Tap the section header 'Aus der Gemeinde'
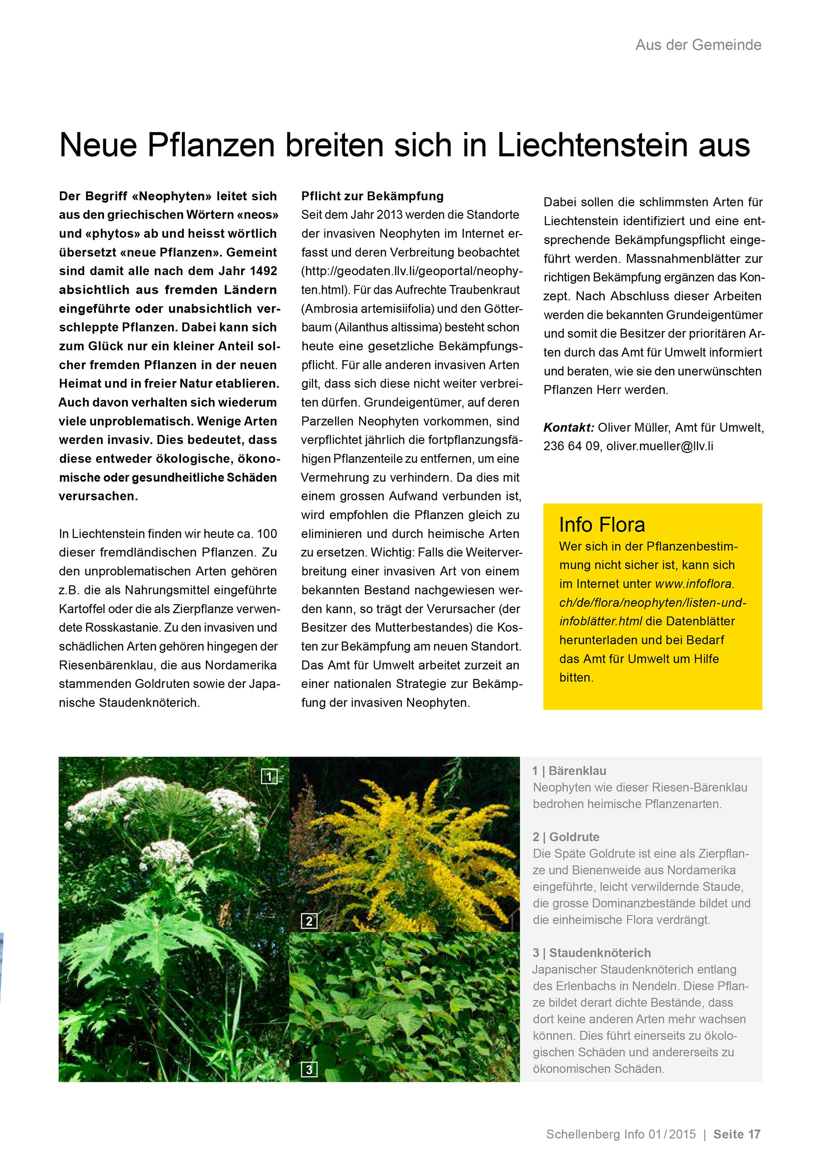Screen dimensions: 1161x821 tap(698, 45)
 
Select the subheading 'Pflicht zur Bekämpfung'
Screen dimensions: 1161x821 tap(372, 196)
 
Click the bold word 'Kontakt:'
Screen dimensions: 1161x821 tap(568, 427)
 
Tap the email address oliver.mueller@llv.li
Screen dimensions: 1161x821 tap(660, 446)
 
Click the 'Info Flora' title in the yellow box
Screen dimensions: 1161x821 tap(602, 525)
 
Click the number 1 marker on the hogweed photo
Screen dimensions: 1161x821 tap(269, 777)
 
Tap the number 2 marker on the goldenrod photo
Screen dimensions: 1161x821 tap(309, 921)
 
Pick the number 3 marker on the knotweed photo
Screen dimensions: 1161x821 tap(309, 1069)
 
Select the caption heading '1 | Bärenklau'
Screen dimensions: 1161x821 tap(569, 771)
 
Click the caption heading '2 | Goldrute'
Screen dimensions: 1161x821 tap(566, 837)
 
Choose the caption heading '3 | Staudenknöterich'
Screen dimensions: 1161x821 tap(591, 953)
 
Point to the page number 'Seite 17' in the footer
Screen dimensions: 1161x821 tap(737, 1134)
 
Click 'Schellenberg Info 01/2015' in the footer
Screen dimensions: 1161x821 tap(621, 1134)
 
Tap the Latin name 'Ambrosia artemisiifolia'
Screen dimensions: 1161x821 tap(369, 308)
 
